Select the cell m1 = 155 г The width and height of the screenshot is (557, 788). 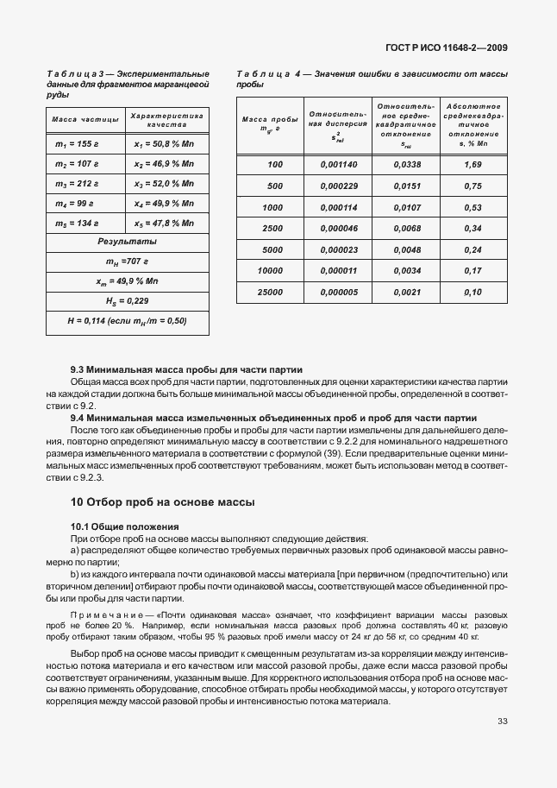pyautogui.click(x=78, y=144)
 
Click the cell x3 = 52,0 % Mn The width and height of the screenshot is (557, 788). pyautogui.click(x=164, y=184)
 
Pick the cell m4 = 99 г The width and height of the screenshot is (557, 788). pyautogui.click(x=78, y=204)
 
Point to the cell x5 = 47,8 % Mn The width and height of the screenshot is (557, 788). pyautogui.click(x=164, y=224)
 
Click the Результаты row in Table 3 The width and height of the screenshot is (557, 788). pyautogui.click(x=127, y=243)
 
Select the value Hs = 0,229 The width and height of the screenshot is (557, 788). pyautogui.click(x=127, y=301)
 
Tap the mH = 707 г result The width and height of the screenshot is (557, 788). pyautogui.click(x=127, y=262)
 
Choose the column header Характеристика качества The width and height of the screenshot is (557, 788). pyautogui.click(x=166, y=119)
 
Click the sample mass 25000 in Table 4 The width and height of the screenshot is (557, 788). pyautogui.click(x=270, y=293)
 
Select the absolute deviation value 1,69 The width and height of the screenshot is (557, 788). pyautogui.click(x=473, y=164)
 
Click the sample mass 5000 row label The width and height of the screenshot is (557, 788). pyautogui.click(x=272, y=250)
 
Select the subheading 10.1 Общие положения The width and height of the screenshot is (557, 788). pyautogui.click(x=124, y=526)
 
